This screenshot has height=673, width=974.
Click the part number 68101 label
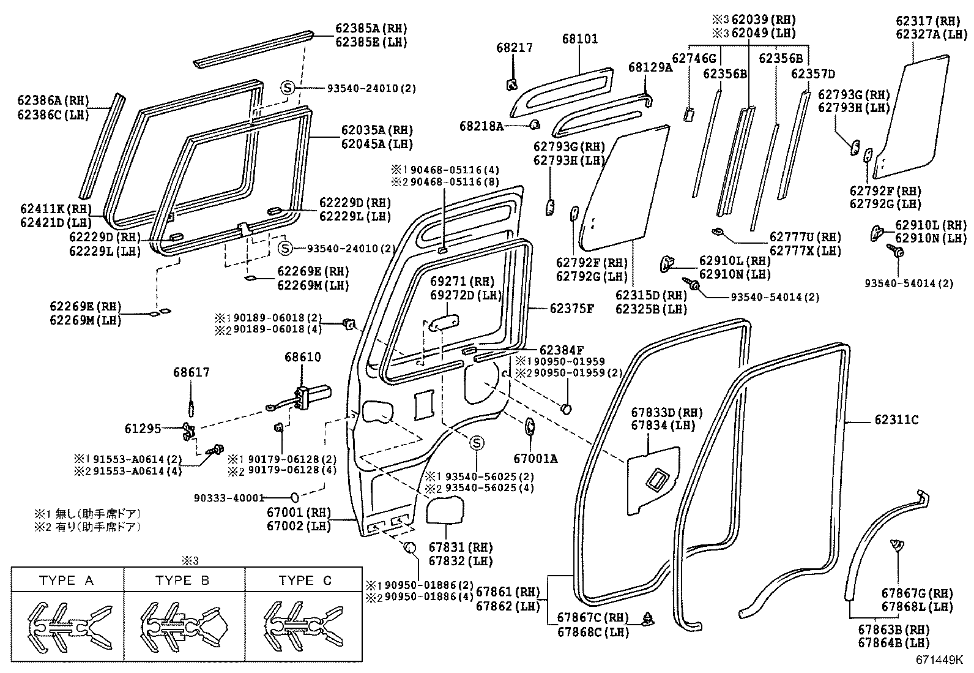pos(580,39)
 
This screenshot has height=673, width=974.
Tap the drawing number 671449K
pos(939,660)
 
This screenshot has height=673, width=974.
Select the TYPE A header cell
pos(67,580)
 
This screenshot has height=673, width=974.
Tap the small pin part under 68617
pos(191,406)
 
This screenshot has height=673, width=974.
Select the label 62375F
pos(571,308)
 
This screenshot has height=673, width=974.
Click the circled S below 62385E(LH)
pos(288,88)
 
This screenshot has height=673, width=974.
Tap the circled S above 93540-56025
pos(477,443)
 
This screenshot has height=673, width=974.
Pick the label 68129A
pos(650,67)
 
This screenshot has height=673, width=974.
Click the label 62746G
pos(694,58)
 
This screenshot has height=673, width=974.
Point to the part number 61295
pos(143,429)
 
